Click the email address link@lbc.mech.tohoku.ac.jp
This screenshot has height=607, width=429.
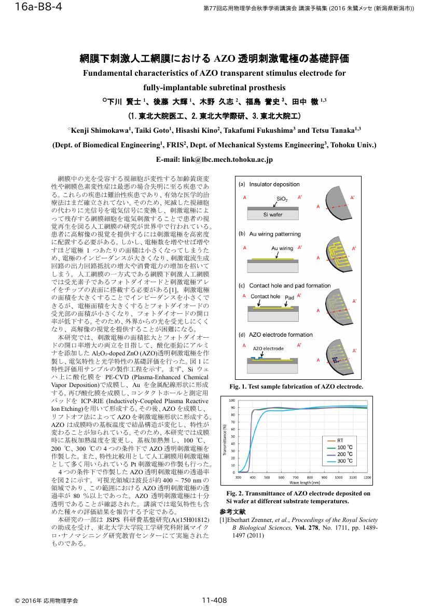[x=214, y=160]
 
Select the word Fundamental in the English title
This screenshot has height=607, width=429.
[x=112, y=73]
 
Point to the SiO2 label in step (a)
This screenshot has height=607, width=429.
[x=282, y=199]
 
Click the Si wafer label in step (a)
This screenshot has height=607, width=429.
[x=273, y=214]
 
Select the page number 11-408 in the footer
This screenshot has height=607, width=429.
[x=214, y=600]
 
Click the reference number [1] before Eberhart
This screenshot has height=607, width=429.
[x=224, y=519]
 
